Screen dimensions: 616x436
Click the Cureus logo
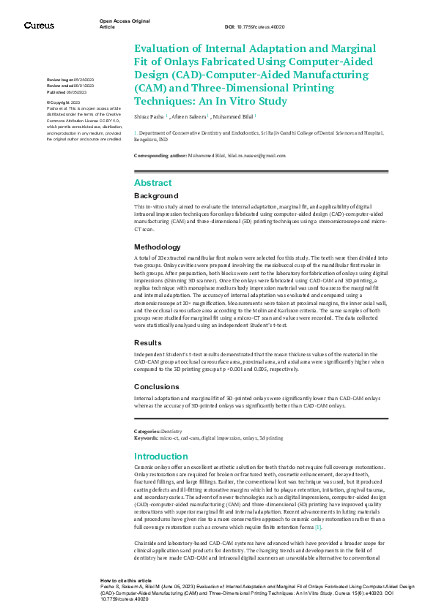pyautogui.click(x=38, y=25)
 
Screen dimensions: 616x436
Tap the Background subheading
pyautogui.click(x=156, y=196)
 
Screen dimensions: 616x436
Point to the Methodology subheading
pyautogui.click(x=157, y=247)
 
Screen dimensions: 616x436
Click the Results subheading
pyautogui.click(x=147, y=342)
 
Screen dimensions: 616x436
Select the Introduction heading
pyautogui.click(x=160, y=457)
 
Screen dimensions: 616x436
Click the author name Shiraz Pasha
pyautogui.click(x=149, y=116)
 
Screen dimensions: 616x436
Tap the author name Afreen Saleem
pyautogui.click(x=189, y=116)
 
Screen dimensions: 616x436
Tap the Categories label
pyautogui.click(x=147, y=432)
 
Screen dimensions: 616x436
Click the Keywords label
pyautogui.click(x=146, y=437)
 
